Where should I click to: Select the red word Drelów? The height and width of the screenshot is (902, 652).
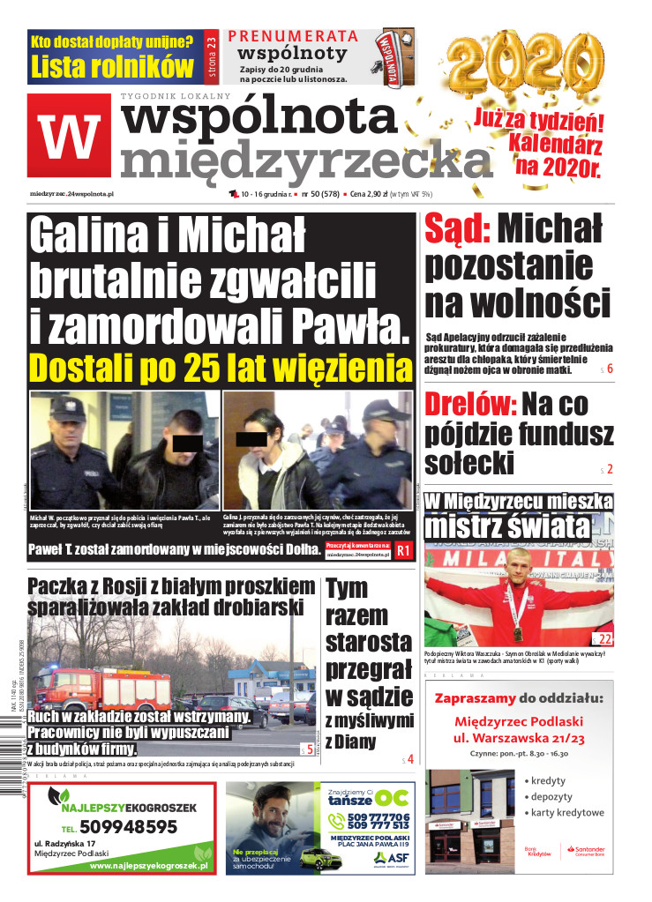[x=470, y=405]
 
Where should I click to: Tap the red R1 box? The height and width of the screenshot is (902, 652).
[x=403, y=551]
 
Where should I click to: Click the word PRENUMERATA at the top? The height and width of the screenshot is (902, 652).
[x=293, y=37]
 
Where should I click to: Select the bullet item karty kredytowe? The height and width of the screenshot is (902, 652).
[x=567, y=812]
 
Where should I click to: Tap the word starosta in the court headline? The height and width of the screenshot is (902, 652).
[x=368, y=640]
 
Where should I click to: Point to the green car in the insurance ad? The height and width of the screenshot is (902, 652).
[x=318, y=856]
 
